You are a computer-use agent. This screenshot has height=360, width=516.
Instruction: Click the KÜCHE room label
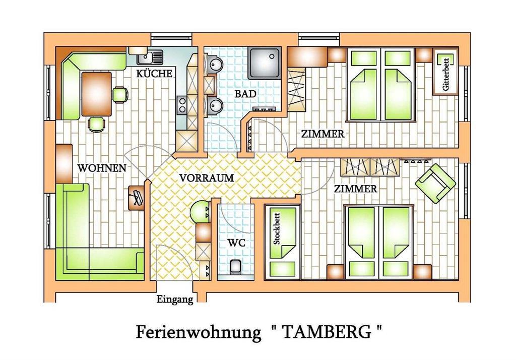pyautogui.click(x=154, y=73)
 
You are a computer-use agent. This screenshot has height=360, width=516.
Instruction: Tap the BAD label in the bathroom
pyautogui.click(x=245, y=94)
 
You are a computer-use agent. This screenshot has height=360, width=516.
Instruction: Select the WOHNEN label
pyautogui.click(x=102, y=168)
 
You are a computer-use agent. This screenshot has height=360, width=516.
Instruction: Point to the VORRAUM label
pyautogui.click(x=207, y=178)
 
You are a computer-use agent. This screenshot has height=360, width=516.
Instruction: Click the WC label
pyautogui.click(x=236, y=244)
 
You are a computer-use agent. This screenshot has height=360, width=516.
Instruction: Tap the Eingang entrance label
pyautogui.click(x=175, y=299)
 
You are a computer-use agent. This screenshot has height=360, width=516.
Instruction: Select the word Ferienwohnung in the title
pyautogui.click(x=199, y=333)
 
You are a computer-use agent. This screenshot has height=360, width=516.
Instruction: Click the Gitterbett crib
pyautogui.click(x=445, y=72)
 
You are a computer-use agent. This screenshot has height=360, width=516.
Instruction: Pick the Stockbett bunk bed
pyautogui.click(x=283, y=242)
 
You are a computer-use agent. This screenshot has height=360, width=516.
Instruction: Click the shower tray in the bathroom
pyautogui.click(x=265, y=63)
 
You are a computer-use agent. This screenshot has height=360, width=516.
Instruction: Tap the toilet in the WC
pyautogui.click(x=235, y=266)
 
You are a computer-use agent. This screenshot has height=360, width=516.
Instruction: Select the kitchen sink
pyautogui.click(x=150, y=57)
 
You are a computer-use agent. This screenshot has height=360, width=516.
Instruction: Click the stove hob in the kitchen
pyautogui.click(x=181, y=105)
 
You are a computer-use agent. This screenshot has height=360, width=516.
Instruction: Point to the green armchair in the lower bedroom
pyautogui.click(x=435, y=183)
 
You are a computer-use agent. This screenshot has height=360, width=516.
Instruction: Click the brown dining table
pyautogui.click(x=96, y=94)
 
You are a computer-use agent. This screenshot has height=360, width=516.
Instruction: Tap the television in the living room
pyautogui.click(x=136, y=197)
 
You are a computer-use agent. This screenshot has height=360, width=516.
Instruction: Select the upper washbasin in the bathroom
pyautogui.click(x=214, y=64)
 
